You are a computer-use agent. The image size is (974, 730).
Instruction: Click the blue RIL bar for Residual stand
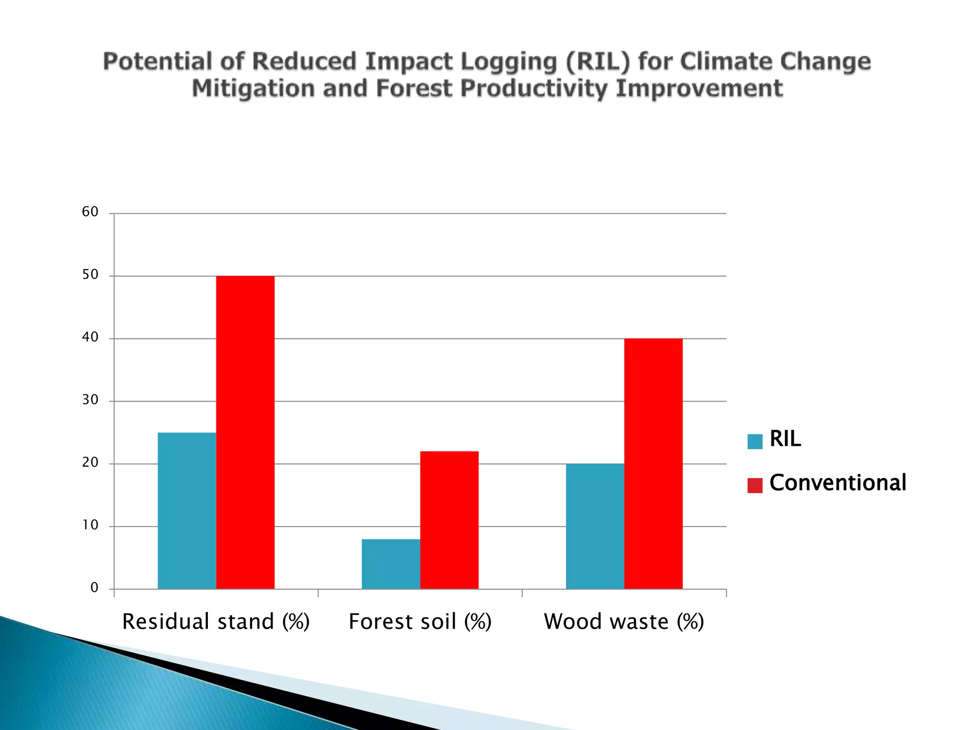coord(187,511)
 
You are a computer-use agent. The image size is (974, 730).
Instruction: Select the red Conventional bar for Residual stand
coord(245,432)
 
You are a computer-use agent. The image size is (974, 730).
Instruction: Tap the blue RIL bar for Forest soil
coord(391,564)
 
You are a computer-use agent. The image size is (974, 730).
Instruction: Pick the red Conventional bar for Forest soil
coord(449,520)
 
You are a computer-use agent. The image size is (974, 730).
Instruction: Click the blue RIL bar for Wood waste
coord(595,526)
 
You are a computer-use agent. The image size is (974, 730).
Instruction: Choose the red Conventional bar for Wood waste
coord(653,464)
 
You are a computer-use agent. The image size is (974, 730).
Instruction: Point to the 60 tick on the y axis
coord(90,212)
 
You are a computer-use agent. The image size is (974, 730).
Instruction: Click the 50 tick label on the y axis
coord(90,275)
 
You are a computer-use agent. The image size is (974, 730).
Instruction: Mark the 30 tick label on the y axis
coord(90,400)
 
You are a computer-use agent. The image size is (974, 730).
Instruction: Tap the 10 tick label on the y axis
coord(90,525)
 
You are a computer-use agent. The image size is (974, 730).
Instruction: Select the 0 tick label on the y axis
coord(94,588)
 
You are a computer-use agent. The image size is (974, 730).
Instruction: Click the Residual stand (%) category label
coord(216,622)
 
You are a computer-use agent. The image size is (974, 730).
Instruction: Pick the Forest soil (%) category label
coord(420,622)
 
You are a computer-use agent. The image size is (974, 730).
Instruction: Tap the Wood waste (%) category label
coord(624,622)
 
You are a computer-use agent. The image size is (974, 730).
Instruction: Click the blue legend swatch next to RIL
coord(755,442)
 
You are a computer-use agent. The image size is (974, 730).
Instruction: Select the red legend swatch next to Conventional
coord(755,485)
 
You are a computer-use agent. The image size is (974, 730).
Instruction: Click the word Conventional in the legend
coord(838,483)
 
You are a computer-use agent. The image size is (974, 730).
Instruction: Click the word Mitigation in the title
coord(253,89)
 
